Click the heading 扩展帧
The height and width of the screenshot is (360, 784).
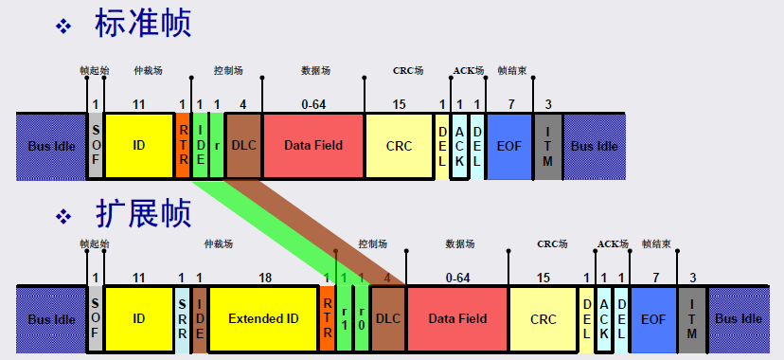pos(142,213)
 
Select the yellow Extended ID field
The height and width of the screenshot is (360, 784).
pos(263,318)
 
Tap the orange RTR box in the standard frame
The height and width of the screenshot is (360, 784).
pos(183,146)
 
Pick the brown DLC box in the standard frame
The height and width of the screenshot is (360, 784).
pos(243,146)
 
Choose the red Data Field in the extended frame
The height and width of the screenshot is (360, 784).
pos(457,318)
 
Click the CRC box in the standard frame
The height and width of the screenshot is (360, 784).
pos(399,146)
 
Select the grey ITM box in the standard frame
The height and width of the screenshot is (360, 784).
pos(548,146)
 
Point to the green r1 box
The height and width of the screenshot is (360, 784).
pos(345,318)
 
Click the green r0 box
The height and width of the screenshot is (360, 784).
pos(362,318)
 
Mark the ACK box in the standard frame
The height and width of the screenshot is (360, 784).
pos(460,146)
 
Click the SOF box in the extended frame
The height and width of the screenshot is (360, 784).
pos(96,318)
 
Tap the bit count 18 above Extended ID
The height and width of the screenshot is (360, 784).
pos(264,278)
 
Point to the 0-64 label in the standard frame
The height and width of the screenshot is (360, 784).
pos(313,104)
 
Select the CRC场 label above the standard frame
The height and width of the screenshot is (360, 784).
pos(408,70)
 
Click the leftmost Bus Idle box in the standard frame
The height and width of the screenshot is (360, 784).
pos(51,146)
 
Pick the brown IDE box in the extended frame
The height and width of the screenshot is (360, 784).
pos(200,318)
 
